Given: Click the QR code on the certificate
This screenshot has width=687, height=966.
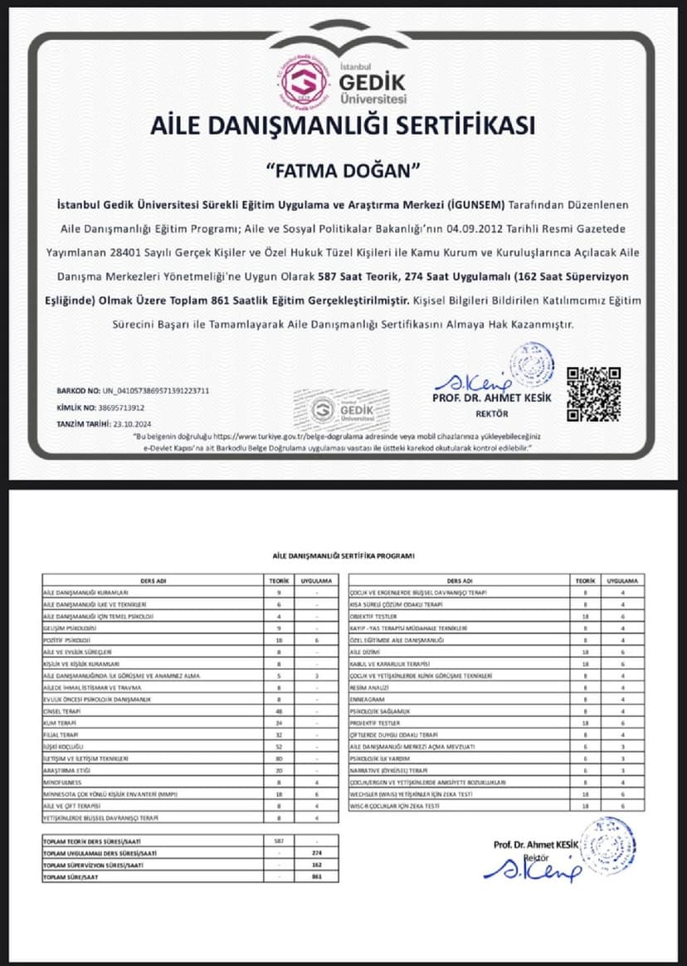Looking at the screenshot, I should (x=593, y=393).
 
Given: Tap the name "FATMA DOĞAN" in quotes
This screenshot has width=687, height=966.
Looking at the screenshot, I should (x=343, y=170).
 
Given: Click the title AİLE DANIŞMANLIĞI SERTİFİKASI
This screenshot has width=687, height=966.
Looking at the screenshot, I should (x=343, y=125).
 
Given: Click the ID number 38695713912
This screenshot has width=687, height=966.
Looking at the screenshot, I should (x=122, y=407).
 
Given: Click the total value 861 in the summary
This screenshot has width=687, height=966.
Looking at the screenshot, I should (x=316, y=876).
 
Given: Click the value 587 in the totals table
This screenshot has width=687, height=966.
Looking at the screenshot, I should (x=279, y=841).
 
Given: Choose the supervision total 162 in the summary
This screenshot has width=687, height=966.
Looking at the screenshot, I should (x=316, y=864).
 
